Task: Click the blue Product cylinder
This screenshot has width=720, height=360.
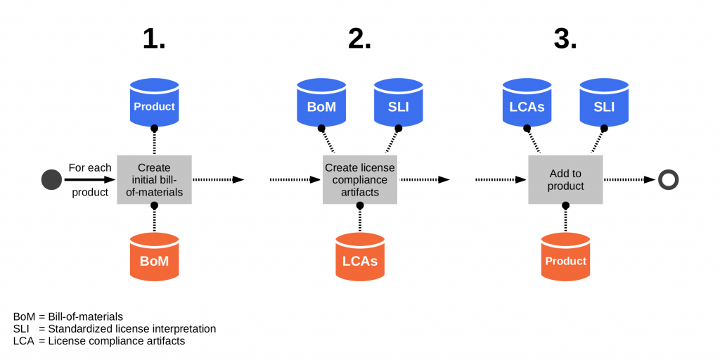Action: pos(154,103)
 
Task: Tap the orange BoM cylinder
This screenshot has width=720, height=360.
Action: pos(154,257)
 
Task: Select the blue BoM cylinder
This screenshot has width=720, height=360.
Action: pos(321,103)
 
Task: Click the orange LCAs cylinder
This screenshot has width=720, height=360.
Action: pos(360,257)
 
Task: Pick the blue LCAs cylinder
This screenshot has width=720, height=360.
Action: pos(527,103)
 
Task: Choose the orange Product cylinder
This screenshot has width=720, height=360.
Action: pos(566,257)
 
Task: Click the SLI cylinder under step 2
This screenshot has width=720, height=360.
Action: pos(399,103)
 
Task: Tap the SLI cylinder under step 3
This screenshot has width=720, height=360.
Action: pos(604,103)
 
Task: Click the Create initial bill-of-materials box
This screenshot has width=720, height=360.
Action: pos(154,179)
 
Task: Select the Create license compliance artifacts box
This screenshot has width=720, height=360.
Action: pos(360,179)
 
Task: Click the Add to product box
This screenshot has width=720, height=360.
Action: pos(566,179)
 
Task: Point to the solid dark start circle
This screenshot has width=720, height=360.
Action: pos(51,179)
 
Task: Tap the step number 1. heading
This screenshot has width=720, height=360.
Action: pos(154,39)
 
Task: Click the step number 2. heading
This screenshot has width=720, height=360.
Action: pos(360,39)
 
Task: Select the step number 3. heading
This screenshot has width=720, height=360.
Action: pos(566,39)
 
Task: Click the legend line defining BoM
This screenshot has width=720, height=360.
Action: pos(68,316)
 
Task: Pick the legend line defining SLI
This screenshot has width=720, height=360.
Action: pos(115,329)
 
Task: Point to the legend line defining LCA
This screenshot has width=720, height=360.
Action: pos(99,341)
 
